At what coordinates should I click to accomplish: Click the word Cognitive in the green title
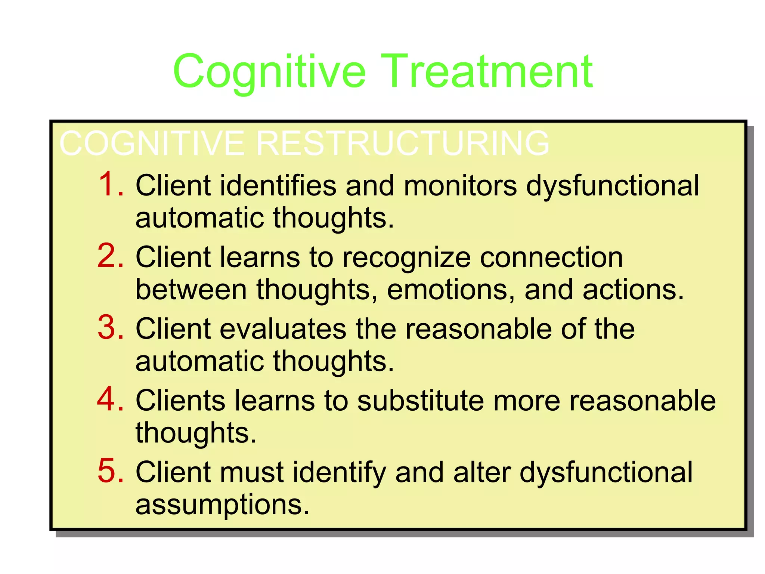[x=269, y=72]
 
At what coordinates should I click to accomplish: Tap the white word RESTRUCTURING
[x=402, y=143]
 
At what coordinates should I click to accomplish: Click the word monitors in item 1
[x=460, y=186]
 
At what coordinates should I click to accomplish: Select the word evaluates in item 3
[x=283, y=329]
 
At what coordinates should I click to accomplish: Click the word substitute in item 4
[x=420, y=401]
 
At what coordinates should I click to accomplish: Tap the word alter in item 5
[x=482, y=472]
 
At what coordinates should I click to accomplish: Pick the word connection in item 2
[x=551, y=258]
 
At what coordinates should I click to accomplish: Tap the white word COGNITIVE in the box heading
[x=151, y=143]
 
